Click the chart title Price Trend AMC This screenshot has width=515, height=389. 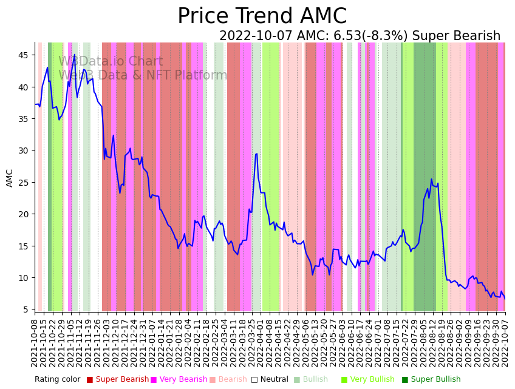point(262,16)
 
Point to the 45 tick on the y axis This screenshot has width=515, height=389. point(24,55)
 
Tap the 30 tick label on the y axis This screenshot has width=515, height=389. point(24,151)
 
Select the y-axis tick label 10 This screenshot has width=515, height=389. point(24,278)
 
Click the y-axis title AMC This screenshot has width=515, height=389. point(10,178)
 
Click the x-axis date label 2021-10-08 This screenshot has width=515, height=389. point(35,343)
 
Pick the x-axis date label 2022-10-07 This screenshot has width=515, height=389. point(505,343)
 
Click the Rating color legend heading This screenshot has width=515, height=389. point(57,379)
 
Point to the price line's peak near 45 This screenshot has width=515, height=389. point(75,55)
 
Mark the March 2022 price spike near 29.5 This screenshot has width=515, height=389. point(256,154)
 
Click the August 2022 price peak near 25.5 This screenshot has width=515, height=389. point(431,180)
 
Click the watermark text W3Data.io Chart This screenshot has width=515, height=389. point(111,61)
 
